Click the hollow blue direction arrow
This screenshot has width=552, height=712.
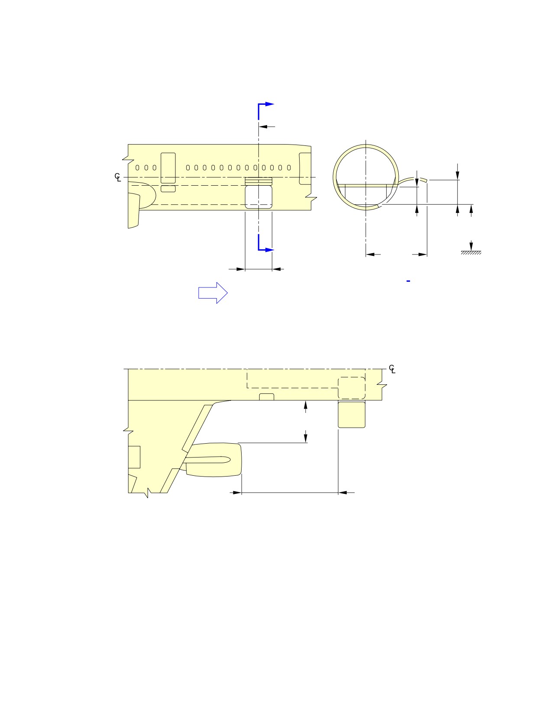tap(213, 293)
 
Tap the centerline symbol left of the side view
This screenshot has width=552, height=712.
tap(118, 177)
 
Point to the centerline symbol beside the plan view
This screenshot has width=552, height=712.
tap(392, 369)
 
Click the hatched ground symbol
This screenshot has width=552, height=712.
tap(471, 253)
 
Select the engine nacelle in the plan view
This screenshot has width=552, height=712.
tap(213, 460)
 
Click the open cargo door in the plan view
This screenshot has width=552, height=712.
tap(352, 415)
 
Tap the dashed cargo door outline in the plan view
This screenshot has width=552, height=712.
tap(352, 388)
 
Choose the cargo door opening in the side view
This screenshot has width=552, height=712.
tap(258, 197)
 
